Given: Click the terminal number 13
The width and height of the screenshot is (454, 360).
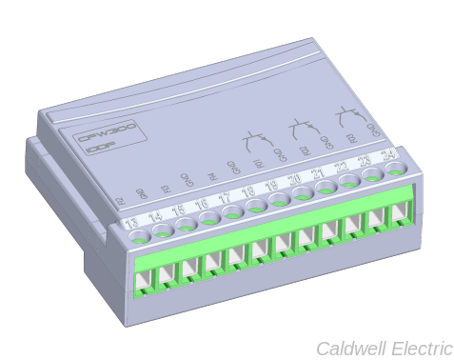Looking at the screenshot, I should [x=132, y=223].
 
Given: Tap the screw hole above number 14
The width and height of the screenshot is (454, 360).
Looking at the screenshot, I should [x=163, y=230].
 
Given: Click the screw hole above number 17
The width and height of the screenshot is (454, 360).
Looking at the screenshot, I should [x=233, y=212].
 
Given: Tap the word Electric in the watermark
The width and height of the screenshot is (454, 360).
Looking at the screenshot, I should [x=419, y=348].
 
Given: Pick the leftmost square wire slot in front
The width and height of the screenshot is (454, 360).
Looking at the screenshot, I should [x=144, y=275].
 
